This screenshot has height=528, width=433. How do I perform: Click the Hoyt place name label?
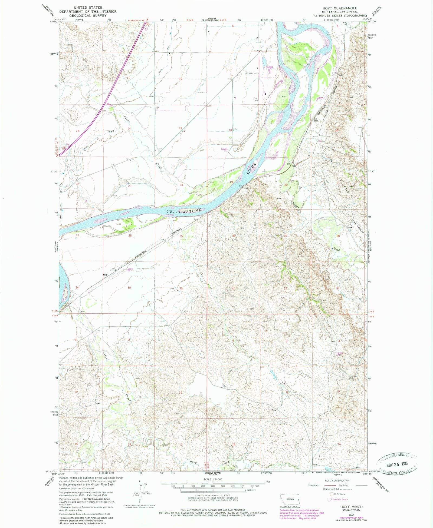click(106, 274)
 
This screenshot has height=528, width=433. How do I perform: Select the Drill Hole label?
click(255, 99)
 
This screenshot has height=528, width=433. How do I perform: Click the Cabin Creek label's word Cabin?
click(106, 354)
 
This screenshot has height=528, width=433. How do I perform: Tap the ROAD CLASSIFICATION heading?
click(337, 480)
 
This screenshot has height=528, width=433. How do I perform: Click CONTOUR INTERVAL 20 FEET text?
click(213, 496)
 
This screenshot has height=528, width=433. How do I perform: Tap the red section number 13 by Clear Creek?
click(180, 128)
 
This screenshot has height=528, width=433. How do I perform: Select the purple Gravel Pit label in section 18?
click(224, 150)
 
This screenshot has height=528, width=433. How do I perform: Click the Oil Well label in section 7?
click(249, 73)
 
